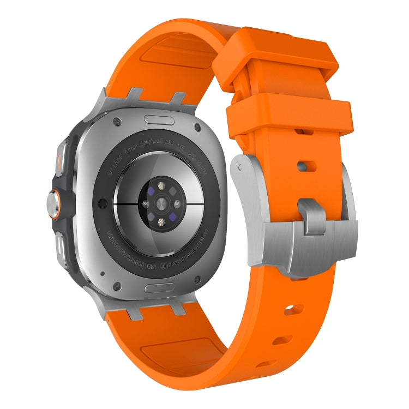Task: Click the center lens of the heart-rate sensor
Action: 161,204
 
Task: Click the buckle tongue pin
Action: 312,214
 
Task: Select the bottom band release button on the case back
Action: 160,286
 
